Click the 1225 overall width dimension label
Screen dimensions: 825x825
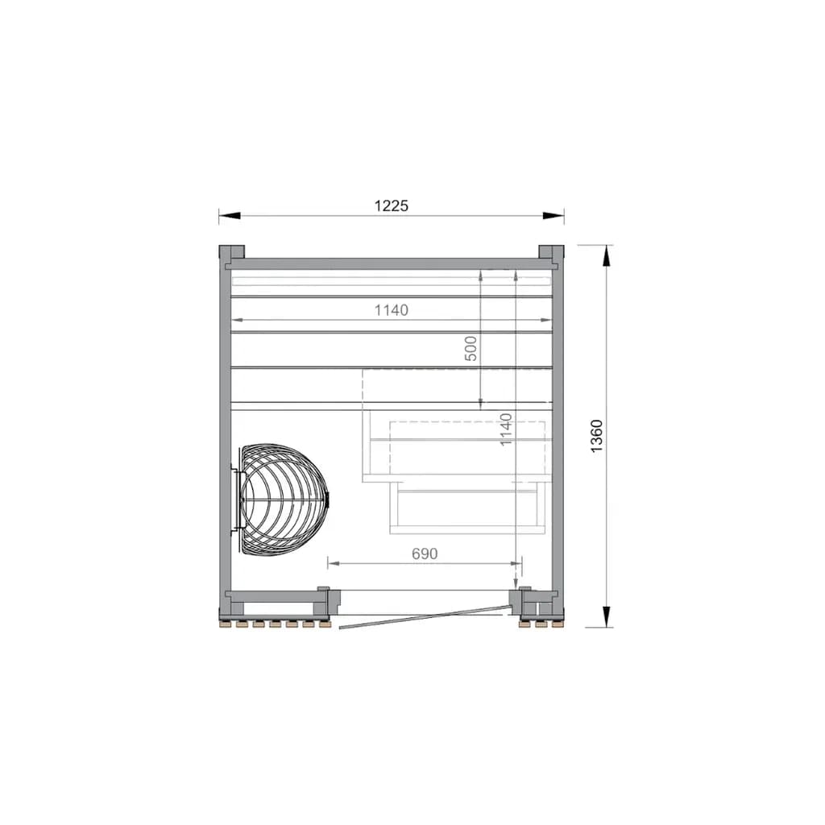(391, 205)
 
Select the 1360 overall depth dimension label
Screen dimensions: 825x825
(596, 436)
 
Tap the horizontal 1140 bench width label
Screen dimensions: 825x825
(391, 310)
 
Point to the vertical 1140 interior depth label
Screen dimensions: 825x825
(506, 429)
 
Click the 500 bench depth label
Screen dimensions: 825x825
(471, 348)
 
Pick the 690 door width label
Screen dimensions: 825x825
(425, 553)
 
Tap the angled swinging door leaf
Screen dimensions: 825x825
(425, 616)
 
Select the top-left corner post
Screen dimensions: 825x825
(231, 254)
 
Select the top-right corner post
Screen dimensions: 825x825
(551, 254)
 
